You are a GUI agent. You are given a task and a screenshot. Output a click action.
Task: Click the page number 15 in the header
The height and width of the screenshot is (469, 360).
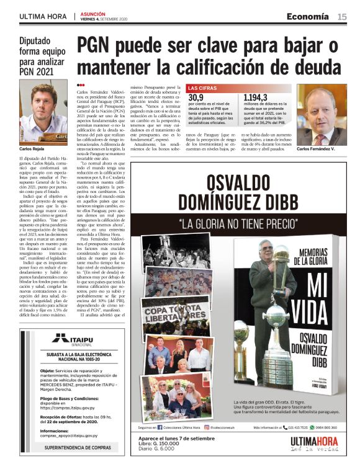click(x=342, y=16)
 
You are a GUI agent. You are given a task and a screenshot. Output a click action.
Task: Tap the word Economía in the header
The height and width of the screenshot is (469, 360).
click(x=307, y=16)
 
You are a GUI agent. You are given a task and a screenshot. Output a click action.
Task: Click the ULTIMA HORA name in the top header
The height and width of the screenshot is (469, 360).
click(x=43, y=17)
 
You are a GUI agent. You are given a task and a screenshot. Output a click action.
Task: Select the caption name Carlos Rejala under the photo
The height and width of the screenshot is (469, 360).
click(x=31, y=150)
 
